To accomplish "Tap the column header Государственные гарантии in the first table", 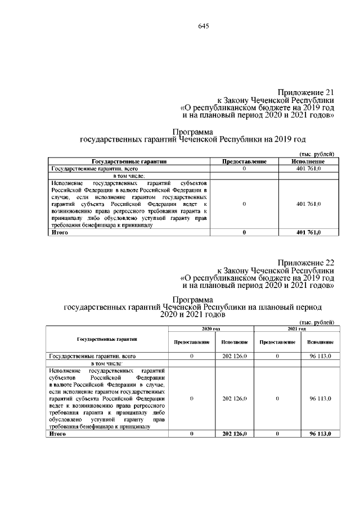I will point(129,161).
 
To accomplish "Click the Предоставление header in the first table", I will point(244,161).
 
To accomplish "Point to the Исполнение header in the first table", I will point(307,161).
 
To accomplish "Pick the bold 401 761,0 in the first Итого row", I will point(307,232).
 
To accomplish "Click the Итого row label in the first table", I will point(58,232).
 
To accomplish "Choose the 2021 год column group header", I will point(296,328).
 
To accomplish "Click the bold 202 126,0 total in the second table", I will point(235,434).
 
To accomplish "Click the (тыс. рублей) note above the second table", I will point(316,322).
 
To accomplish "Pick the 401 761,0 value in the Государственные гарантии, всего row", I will point(307,168).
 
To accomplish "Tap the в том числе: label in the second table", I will point(106,364).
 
